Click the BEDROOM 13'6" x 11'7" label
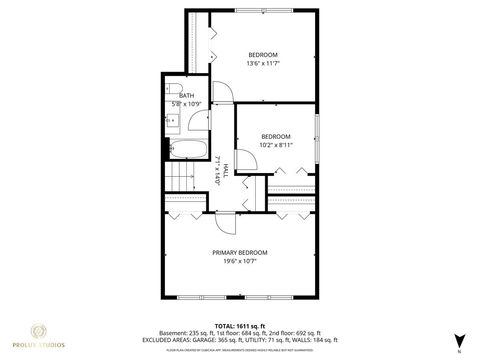pyautogui.click(x=263, y=59)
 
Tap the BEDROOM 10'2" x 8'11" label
pyautogui.click(x=276, y=140)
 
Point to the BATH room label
pyautogui.click(x=186, y=95)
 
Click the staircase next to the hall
pyautogui.click(x=181, y=181)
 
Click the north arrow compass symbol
pyautogui.click(x=459, y=341)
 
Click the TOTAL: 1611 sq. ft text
pyautogui.click(x=239, y=327)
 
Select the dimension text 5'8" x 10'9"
pyautogui.click(x=186, y=104)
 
